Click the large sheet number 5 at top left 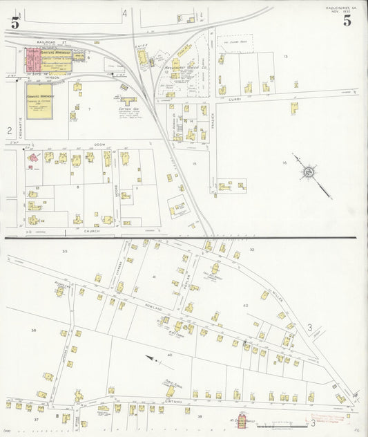pyautogui.click(x=14, y=21)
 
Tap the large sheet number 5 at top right pyautogui.click(x=347, y=21)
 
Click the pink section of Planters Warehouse pyautogui.click(x=32, y=62)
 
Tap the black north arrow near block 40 pyautogui.click(x=150, y=357)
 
